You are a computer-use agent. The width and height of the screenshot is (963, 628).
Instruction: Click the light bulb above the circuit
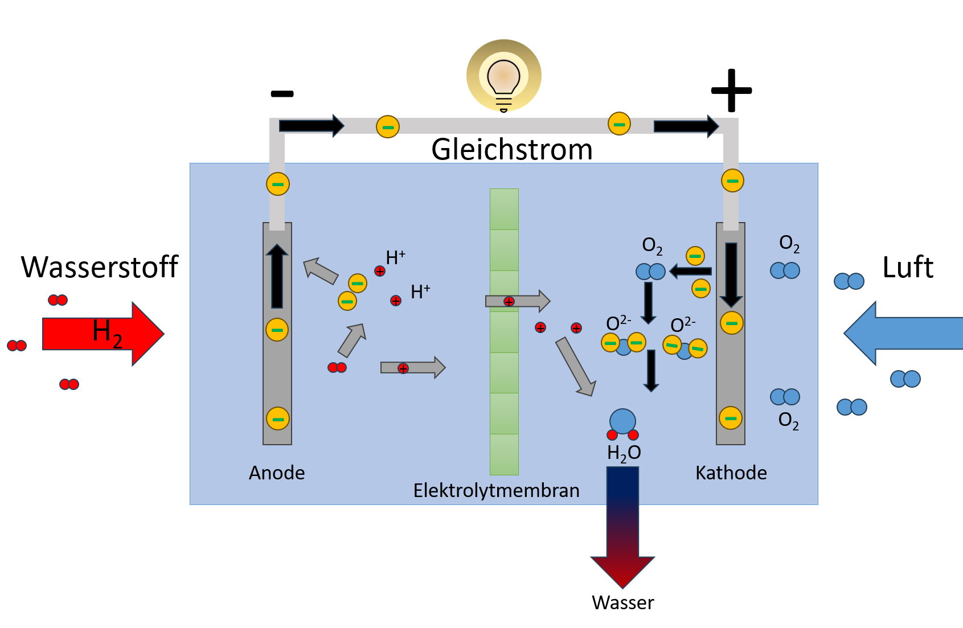tap(504, 76)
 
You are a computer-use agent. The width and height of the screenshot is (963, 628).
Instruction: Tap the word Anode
tap(277, 473)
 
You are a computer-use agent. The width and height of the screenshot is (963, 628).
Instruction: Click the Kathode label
tap(731, 473)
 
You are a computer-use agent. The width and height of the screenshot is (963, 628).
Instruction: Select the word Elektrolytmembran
tap(496, 490)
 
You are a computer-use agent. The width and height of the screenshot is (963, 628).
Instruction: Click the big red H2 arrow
tap(103, 333)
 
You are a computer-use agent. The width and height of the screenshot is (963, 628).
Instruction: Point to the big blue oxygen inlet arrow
tap(905, 333)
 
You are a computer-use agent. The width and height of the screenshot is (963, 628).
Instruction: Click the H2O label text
tap(624, 453)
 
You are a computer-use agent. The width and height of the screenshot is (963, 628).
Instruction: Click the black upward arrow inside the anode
tap(277, 276)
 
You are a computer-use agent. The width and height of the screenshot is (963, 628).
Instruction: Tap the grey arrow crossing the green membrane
tap(518, 301)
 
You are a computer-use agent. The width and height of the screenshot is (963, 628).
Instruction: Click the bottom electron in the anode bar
tap(278, 418)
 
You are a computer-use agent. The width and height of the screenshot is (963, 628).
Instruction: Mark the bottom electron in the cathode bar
tap(731, 418)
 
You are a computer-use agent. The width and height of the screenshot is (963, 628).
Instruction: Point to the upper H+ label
tap(395, 257)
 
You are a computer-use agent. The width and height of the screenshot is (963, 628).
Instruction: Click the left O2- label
tap(618, 323)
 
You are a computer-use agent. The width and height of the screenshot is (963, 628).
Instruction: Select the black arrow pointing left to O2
tap(690, 271)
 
